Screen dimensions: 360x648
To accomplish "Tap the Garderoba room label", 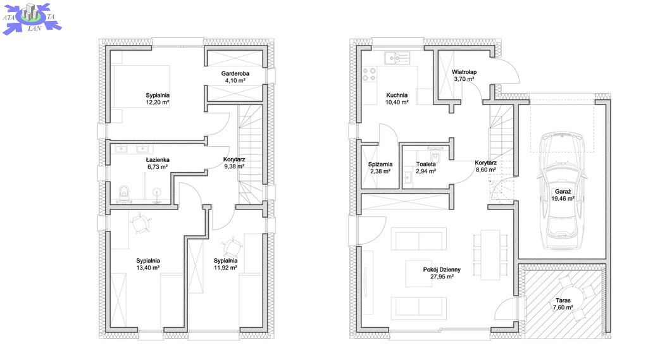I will (235, 74).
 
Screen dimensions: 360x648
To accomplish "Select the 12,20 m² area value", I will (158, 102).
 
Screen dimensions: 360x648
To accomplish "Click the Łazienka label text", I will (158, 160).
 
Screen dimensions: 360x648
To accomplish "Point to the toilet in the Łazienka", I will (124, 192).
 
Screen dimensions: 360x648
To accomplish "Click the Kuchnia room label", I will (397, 95).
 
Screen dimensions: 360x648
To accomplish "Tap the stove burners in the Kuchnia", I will (367, 78).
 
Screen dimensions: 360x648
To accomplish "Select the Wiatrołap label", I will (464, 72).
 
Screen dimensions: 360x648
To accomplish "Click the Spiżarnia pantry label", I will (380, 164).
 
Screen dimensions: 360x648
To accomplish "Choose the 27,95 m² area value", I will (441, 276).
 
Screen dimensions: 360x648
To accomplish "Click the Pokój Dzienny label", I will (441, 270).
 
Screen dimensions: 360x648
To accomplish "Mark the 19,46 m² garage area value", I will (562, 198).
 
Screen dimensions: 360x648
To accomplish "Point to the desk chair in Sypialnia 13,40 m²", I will (142, 222).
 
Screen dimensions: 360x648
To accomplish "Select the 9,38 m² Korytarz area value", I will (234, 166).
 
